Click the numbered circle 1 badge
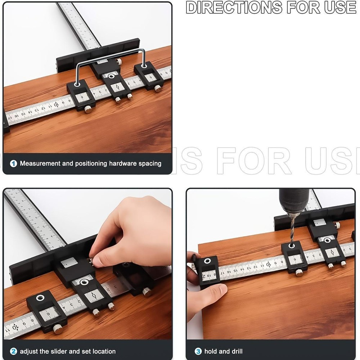[x=13, y=164]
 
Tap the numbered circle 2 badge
[x=13, y=351]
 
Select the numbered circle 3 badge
[x=198, y=351]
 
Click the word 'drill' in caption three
[x=235, y=351]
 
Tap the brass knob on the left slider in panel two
[x=57, y=329]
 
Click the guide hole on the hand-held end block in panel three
[x=207, y=262]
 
